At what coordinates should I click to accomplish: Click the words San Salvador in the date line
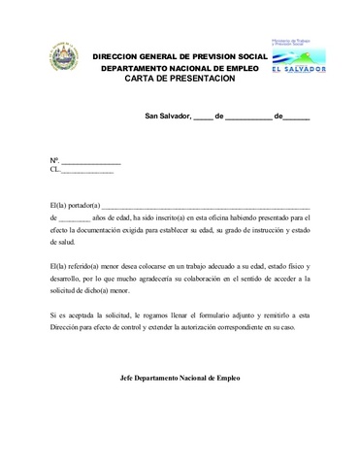pos(167,116)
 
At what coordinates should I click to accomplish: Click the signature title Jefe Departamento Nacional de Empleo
pos(179,378)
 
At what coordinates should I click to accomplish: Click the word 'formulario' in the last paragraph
pos(208,316)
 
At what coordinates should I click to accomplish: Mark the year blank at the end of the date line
pos(296,117)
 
